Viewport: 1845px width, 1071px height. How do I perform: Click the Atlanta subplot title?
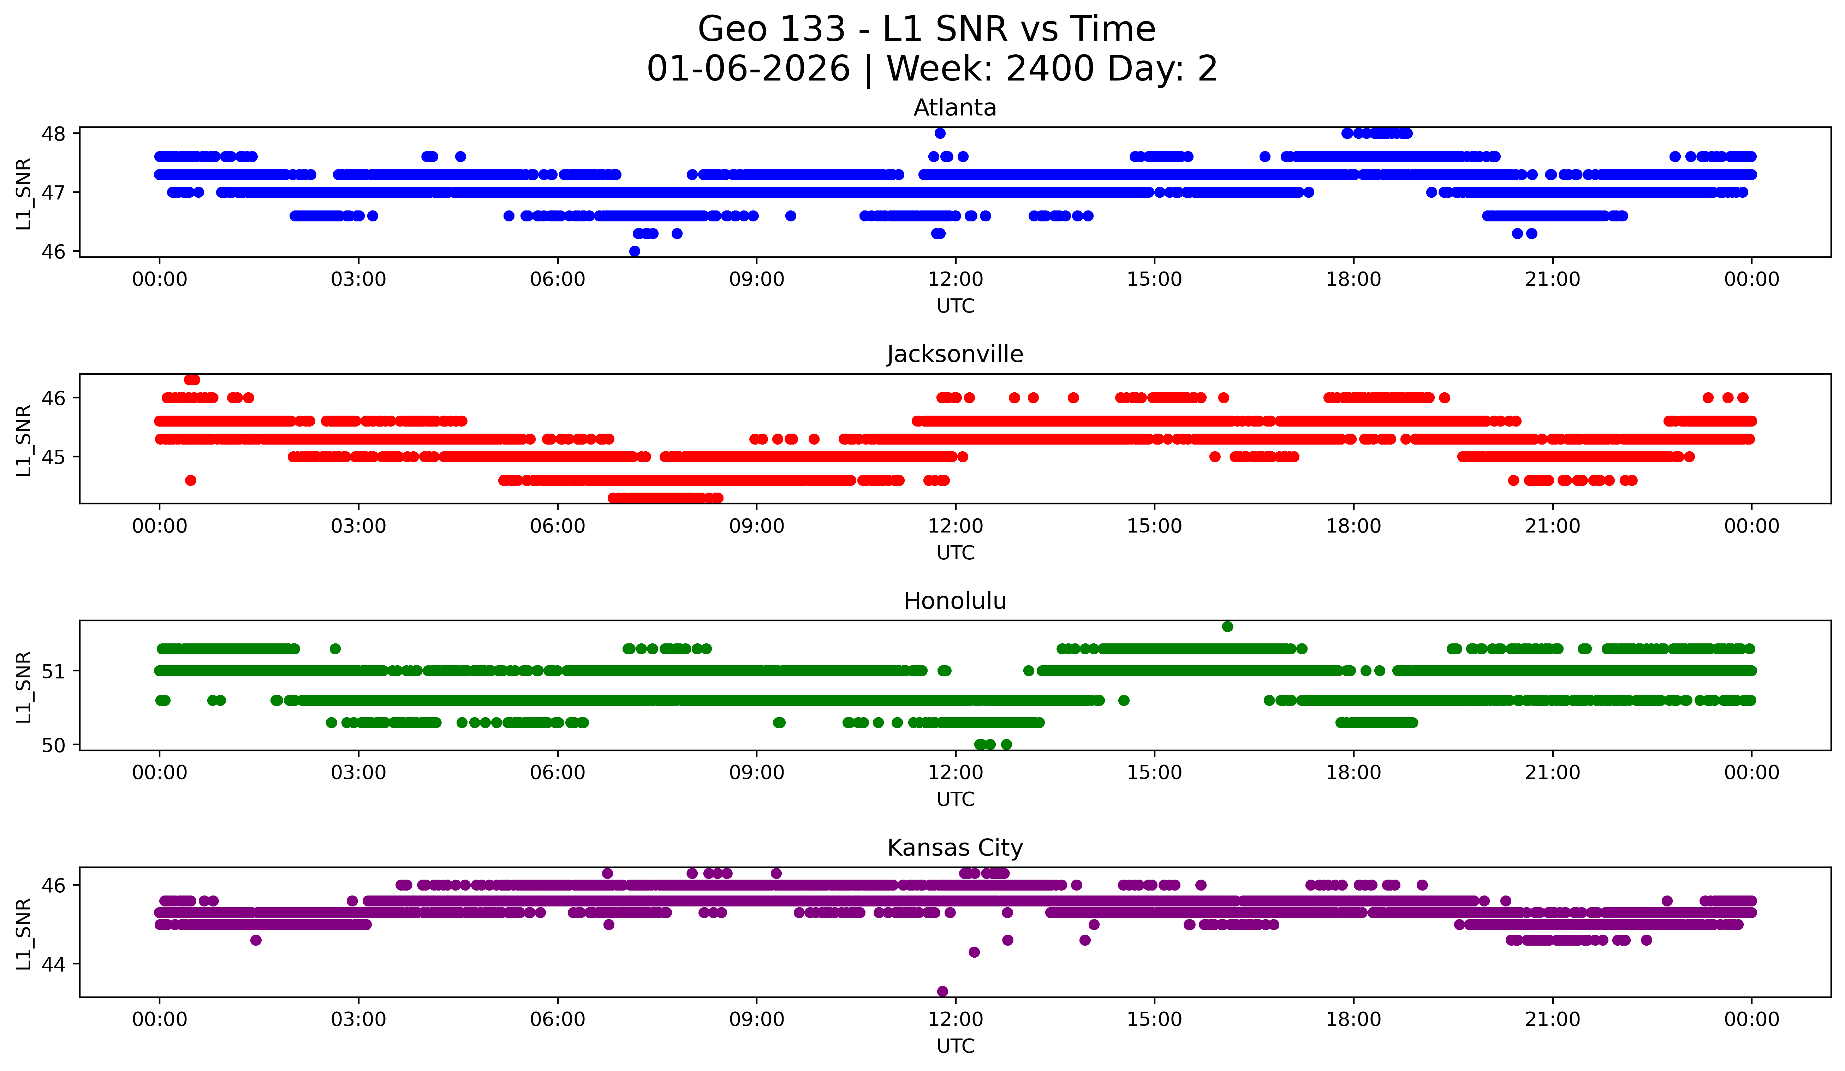[x=955, y=108]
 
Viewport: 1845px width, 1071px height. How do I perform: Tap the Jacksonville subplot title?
[x=955, y=354]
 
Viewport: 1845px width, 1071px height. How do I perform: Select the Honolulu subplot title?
[x=955, y=601]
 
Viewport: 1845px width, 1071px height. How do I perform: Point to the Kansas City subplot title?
[x=955, y=848]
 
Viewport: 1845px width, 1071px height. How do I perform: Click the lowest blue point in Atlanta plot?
[x=635, y=251]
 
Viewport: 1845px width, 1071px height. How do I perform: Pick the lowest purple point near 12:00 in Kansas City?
[x=942, y=991]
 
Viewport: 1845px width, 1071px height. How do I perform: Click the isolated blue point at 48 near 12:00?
[x=940, y=133]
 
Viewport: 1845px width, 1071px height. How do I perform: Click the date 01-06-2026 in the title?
[x=748, y=69]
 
